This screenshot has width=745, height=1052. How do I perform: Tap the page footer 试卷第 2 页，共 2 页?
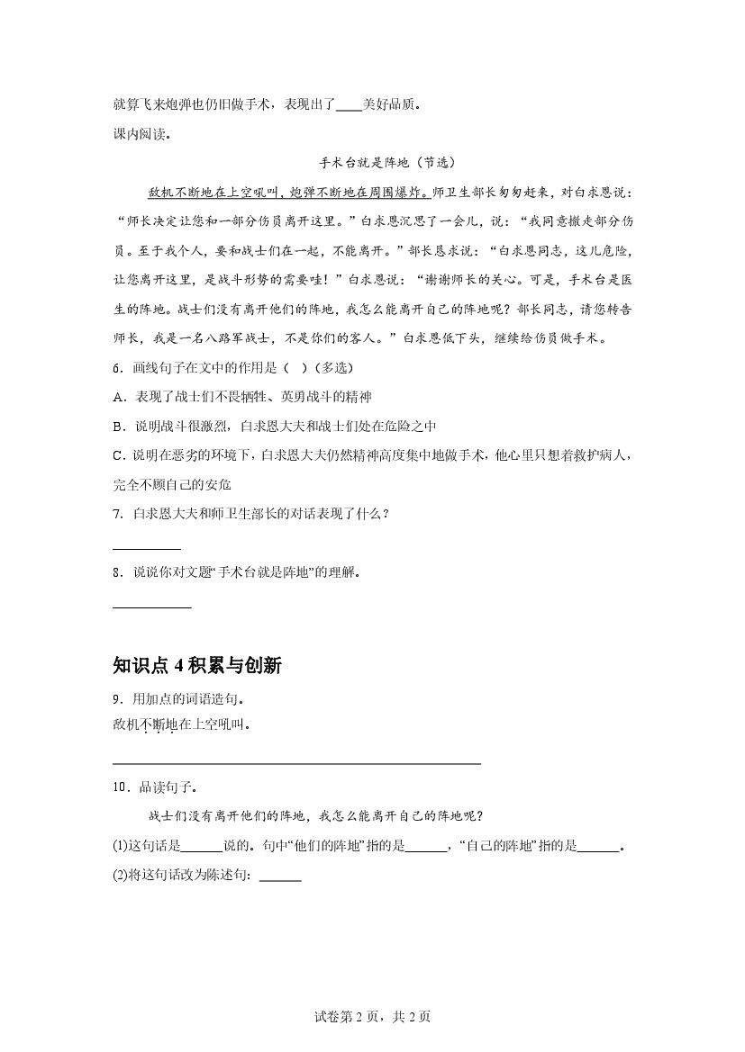[x=372, y=1018]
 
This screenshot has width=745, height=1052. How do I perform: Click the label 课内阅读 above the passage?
[x=141, y=135]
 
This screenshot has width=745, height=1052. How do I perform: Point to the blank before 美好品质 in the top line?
[x=349, y=105]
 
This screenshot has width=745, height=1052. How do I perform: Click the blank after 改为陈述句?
[x=280, y=877]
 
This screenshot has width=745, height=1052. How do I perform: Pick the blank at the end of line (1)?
[x=598, y=847]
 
